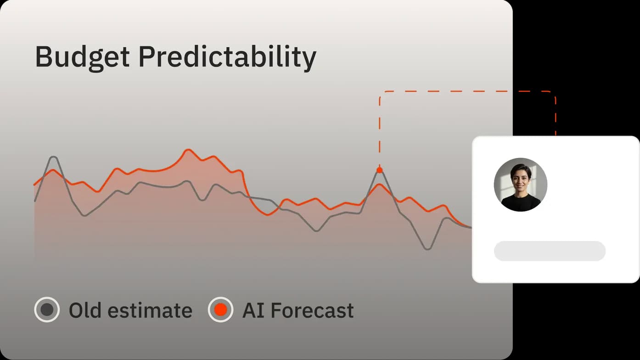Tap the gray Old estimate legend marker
coord(47,309)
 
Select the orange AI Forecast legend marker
coord(220,309)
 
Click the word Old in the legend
coord(85,310)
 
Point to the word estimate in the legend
coord(150,311)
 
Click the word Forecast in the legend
coord(312,310)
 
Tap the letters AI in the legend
coord(253,310)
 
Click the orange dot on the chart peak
coord(379,170)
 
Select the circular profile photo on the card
coord(521,185)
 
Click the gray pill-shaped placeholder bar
coord(550,251)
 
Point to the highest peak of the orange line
coord(188,150)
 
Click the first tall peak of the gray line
coord(54,157)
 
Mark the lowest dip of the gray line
coord(427,249)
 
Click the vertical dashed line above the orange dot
coord(379,131)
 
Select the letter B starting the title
coord(43,56)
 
